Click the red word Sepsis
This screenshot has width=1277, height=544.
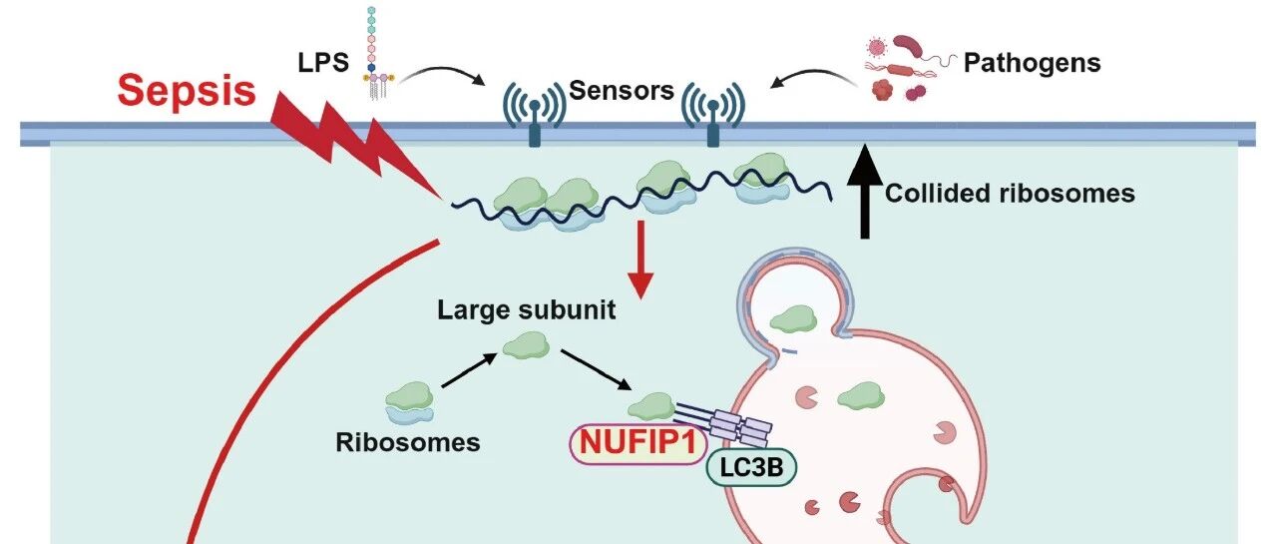186,90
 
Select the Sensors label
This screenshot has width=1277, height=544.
622,92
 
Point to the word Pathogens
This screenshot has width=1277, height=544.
1032,64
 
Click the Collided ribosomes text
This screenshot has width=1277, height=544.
1010,193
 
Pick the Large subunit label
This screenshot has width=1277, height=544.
526,310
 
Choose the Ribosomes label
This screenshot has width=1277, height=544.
408,441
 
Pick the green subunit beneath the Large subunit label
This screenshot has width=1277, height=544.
526,346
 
